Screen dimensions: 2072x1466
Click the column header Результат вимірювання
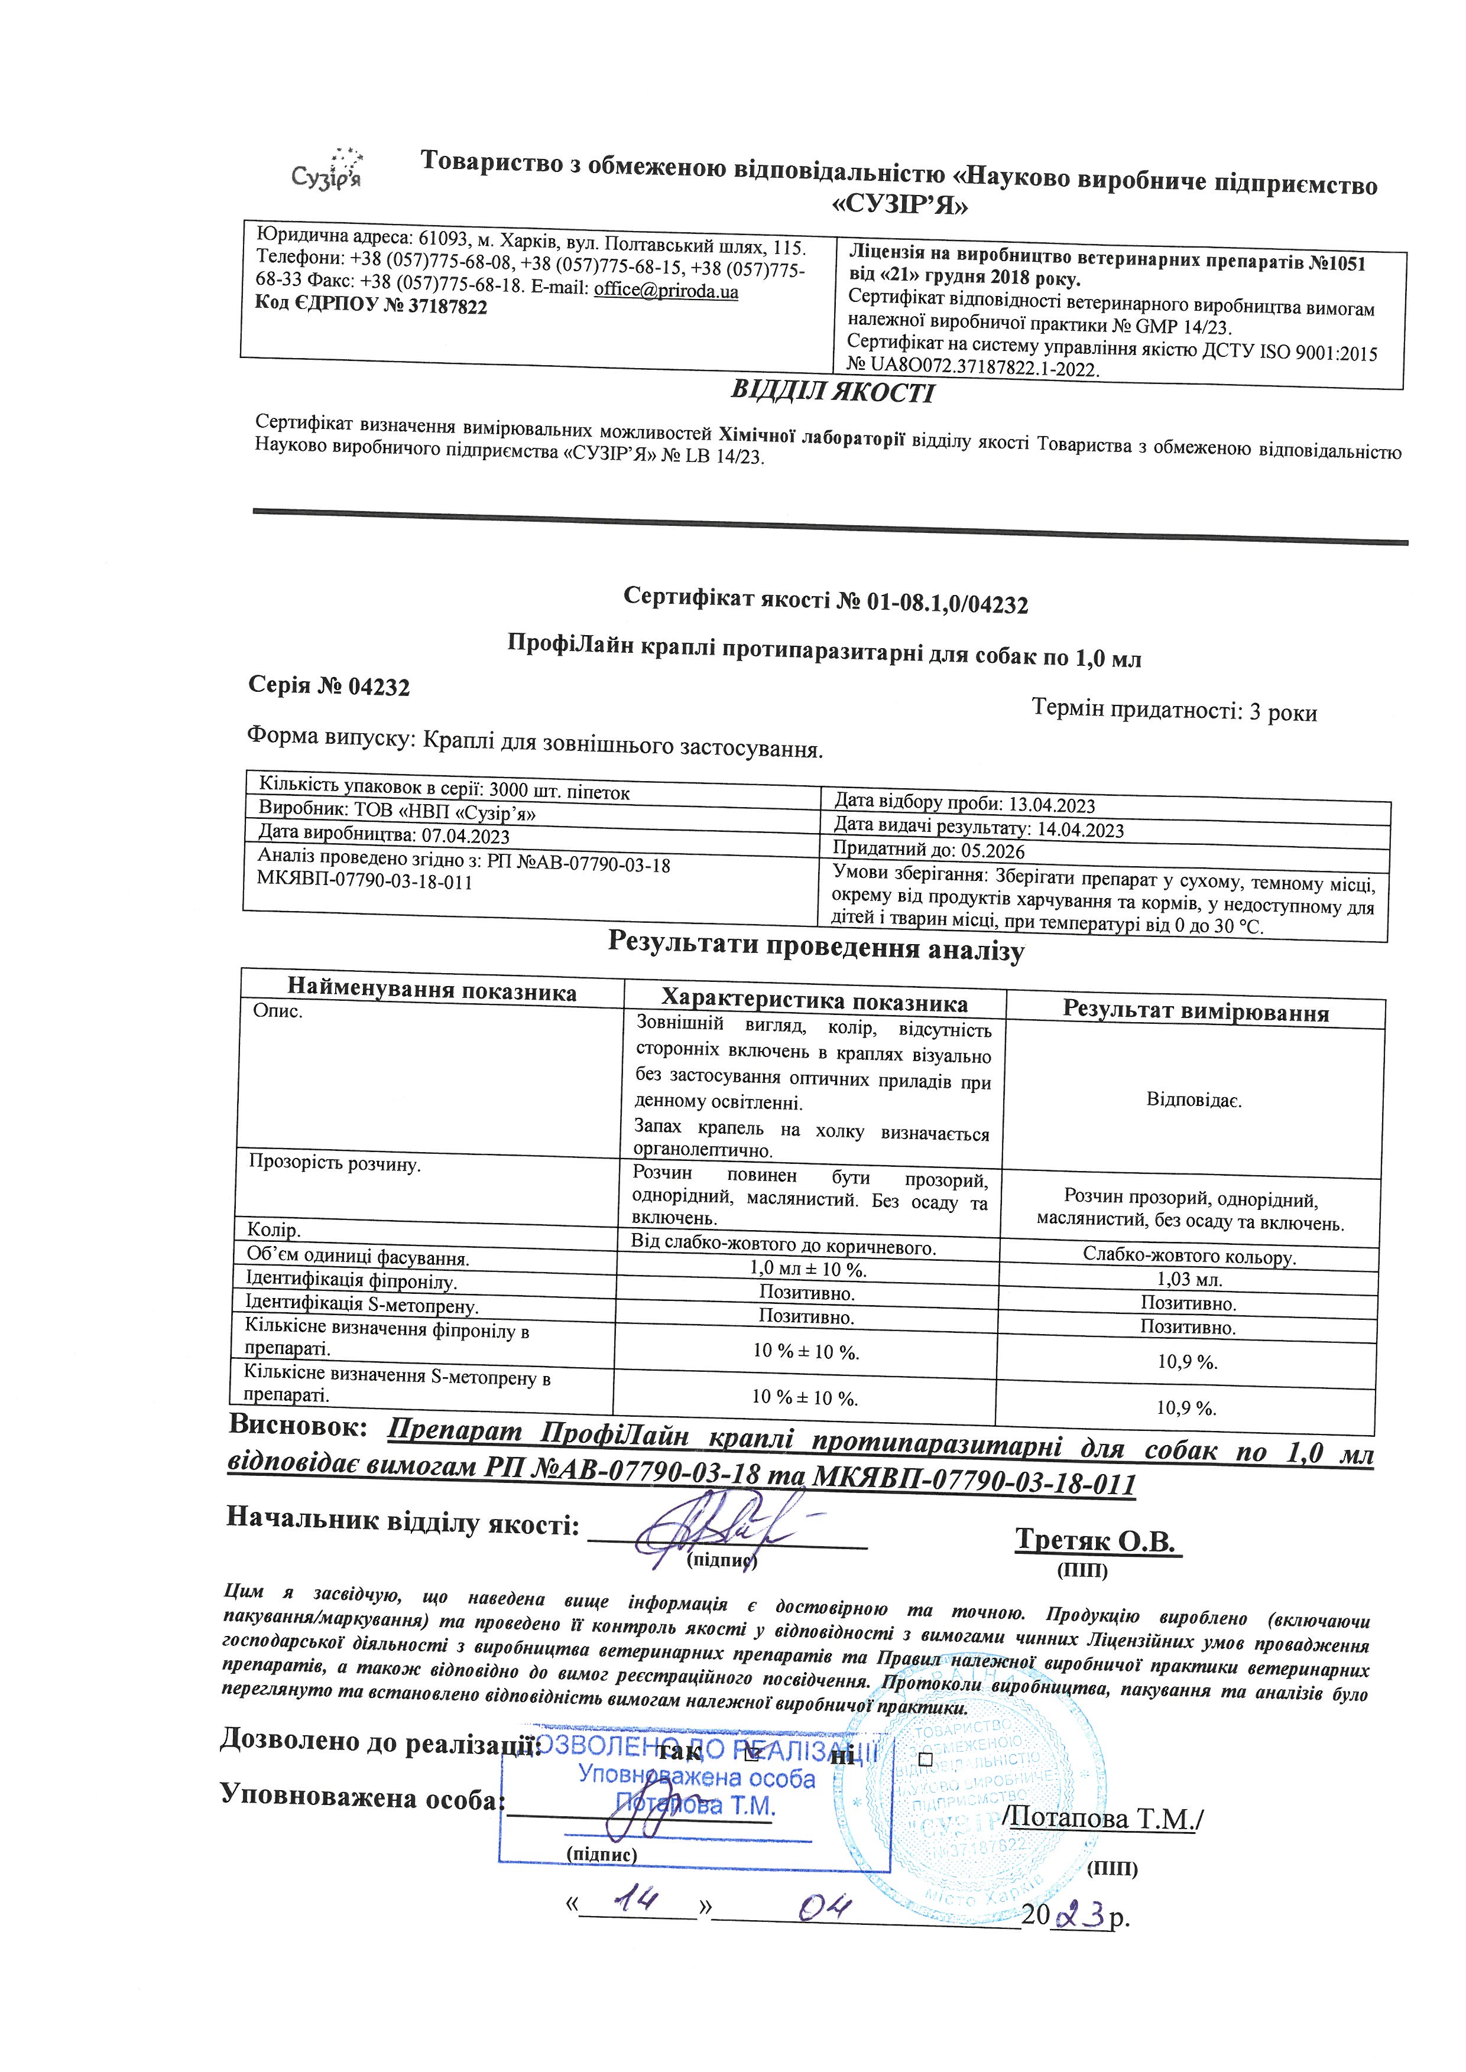pyautogui.click(x=1195, y=1011)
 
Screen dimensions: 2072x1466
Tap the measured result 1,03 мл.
pyautogui.click(x=1190, y=1280)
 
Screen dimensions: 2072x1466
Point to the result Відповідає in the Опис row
pyautogui.click(x=1193, y=1101)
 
